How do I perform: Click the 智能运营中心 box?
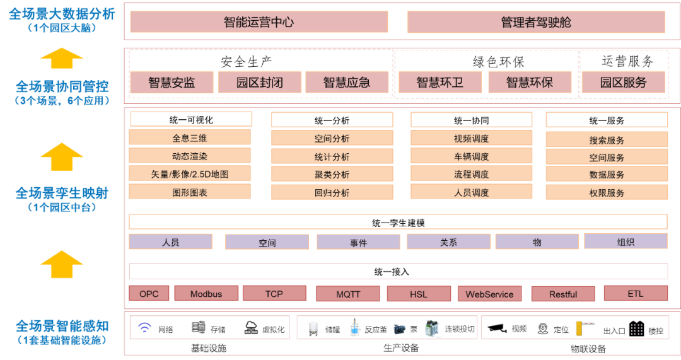pyautogui.click(x=259, y=21)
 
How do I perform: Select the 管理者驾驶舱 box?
pyautogui.click(x=536, y=21)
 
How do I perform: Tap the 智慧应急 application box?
pyautogui.click(x=347, y=82)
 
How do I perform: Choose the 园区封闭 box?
pyautogui.click(x=259, y=82)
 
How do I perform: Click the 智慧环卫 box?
pyautogui.click(x=440, y=82)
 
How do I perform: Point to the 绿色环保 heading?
pyautogui.click(x=499, y=62)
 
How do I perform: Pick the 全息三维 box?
pyautogui.click(x=190, y=137)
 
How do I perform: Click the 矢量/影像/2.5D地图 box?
pyautogui.click(x=190, y=174)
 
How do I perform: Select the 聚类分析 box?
pyautogui.click(x=332, y=174)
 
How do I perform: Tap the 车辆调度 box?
pyautogui.click(x=471, y=156)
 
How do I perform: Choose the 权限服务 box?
pyautogui.click(x=607, y=192)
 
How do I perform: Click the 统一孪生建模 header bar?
pyautogui.click(x=398, y=223)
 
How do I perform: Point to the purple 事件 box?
pyautogui.click(x=358, y=242)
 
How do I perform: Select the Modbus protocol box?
pyautogui.click(x=206, y=294)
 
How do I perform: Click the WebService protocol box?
pyautogui.click(x=489, y=294)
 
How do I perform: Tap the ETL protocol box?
pyautogui.click(x=636, y=294)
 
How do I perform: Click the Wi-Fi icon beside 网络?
pyautogui.click(x=144, y=327)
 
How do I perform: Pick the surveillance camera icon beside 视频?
pyautogui.click(x=497, y=328)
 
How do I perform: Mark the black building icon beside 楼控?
pyautogui.click(x=637, y=328)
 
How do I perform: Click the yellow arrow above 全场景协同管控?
pyautogui.click(x=62, y=58)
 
